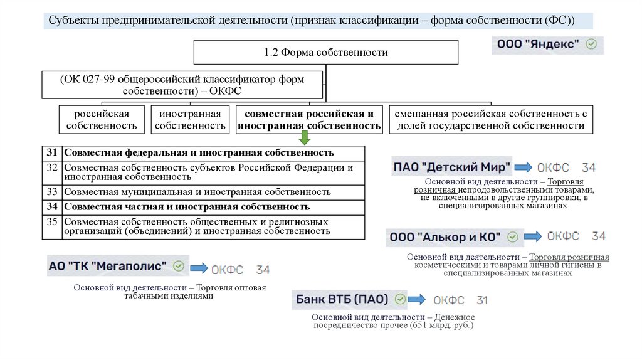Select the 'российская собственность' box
coord(102,120)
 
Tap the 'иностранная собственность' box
coord(190,120)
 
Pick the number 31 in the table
coord(52,153)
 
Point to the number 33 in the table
coord(52,192)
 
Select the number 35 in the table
coord(52,222)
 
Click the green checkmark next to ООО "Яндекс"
coord(591,45)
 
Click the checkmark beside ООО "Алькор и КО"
coord(513,237)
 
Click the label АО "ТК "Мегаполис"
coord(108,266)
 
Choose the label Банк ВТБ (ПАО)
coord(342,299)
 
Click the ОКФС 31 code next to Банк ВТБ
coord(460,300)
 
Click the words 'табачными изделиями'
coord(169,296)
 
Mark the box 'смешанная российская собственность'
coord(491,120)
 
